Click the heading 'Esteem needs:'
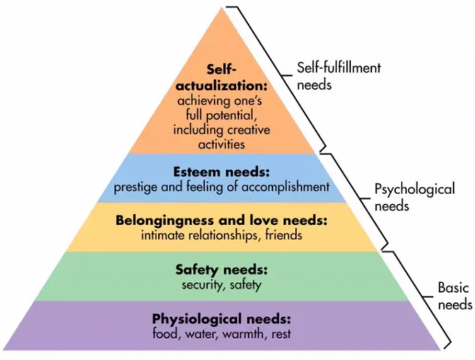click(221, 172)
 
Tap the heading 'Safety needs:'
click(222, 270)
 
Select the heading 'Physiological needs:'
click(221, 319)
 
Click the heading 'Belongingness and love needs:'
click(221, 220)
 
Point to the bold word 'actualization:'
click(222, 86)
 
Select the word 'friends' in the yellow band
click(283, 235)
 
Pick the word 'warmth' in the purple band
click(242, 334)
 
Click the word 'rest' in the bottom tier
click(281, 334)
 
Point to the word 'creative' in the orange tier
click(249, 130)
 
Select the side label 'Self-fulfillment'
click(339, 68)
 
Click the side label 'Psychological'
click(415, 190)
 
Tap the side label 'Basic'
click(453, 288)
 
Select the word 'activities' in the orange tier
click(221, 144)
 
